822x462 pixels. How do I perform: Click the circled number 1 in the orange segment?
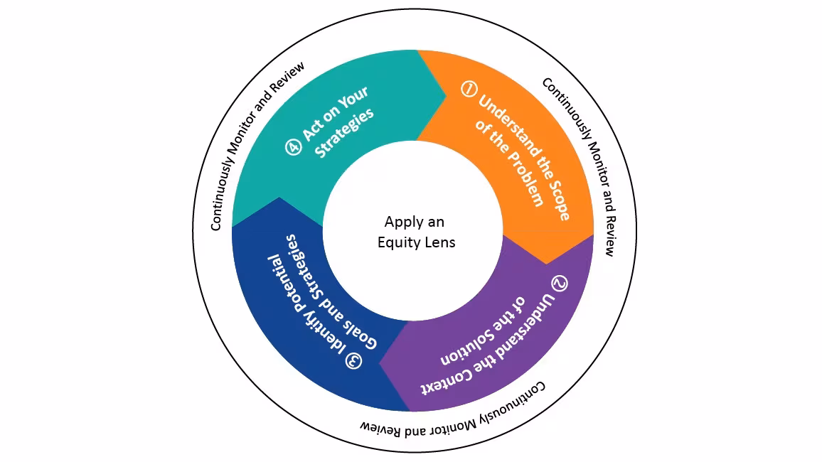468,89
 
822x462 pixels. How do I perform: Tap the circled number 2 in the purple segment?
560,283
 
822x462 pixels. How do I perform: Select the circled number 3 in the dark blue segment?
353,360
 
